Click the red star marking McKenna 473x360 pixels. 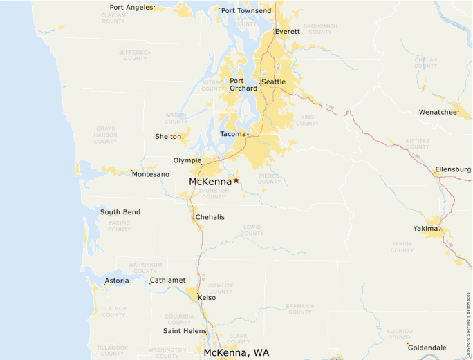tap(236, 180)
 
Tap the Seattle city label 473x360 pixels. tap(273, 82)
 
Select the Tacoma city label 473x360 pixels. tap(232, 134)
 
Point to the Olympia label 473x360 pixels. tap(187, 160)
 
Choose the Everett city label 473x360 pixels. tap(287, 32)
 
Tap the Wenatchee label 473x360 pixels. tap(438, 112)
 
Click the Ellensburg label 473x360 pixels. tap(453, 169)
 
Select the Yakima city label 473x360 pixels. tap(425, 228)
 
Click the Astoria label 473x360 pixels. tap(116, 281)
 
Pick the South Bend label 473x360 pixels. tap(120, 212)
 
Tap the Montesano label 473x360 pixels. tap(150, 174)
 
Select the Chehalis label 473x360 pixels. tap(210, 217)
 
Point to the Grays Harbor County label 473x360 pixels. tap(106, 135)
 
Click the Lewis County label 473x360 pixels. tap(252, 230)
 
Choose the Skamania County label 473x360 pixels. tap(299, 308)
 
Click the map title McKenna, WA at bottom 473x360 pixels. tap(236, 352)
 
